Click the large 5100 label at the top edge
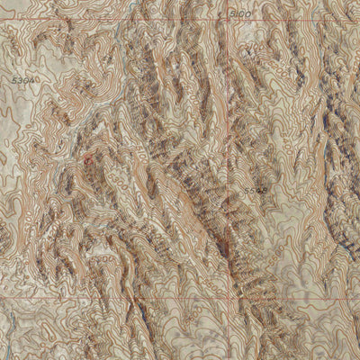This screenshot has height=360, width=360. pos(240,13)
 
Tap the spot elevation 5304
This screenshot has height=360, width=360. pos(26,80)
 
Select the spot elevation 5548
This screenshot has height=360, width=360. pos(255,190)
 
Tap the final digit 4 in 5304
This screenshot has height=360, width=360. pos(35,80)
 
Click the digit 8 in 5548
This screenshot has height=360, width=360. pos(264,190)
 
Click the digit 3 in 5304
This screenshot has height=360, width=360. pos(22,80)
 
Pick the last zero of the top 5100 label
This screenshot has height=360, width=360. pos(249,13)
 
